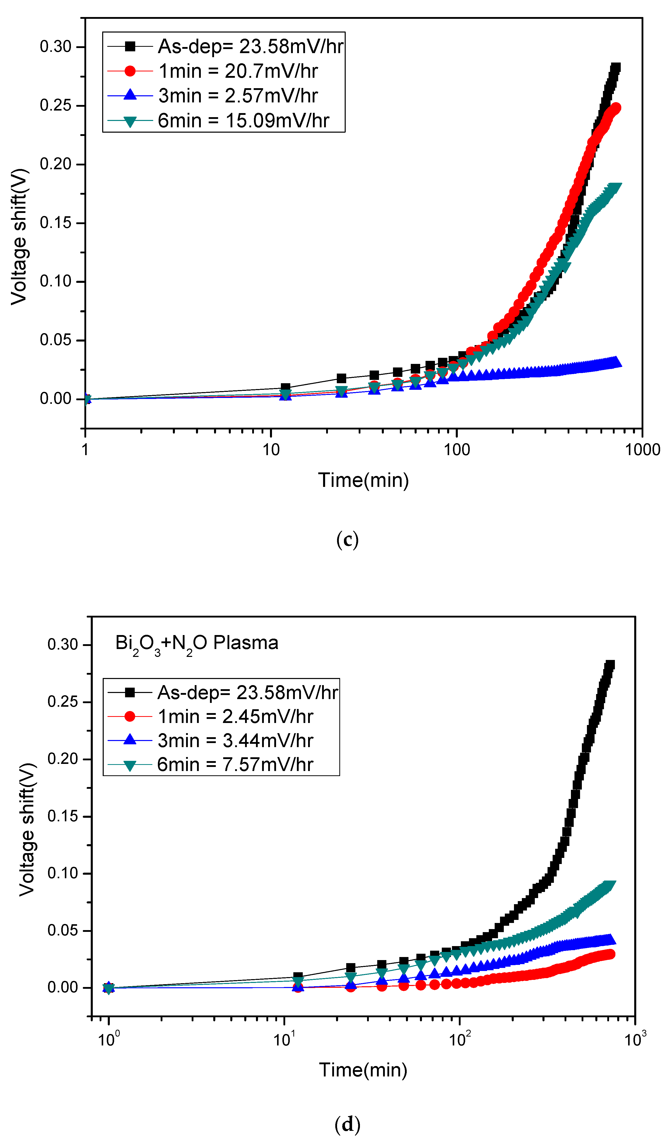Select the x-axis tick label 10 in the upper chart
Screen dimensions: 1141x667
pyautogui.click(x=271, y=450)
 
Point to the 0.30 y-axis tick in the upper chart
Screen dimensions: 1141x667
pyautogui.click(x=56, y=47)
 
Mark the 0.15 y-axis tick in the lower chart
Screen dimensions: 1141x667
pyautogui.click(x=63, y=816)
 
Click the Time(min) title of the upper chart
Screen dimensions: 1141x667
pyautogui.click(x=363, y=480)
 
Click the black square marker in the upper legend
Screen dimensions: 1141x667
pyautogui.click(x=130, y=46)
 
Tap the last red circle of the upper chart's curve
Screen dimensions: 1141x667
pyautogui.click(x=615, y=108)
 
